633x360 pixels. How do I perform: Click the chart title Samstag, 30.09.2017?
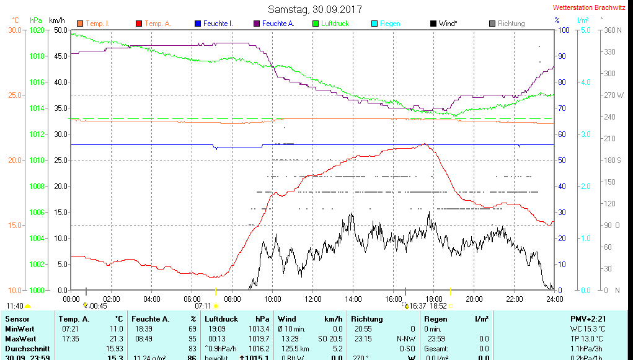315,9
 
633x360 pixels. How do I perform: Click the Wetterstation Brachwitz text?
589,7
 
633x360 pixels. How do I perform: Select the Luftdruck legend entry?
335,24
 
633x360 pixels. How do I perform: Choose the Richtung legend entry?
511,24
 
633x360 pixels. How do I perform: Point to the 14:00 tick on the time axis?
353,299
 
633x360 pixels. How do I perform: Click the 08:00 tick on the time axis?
232,299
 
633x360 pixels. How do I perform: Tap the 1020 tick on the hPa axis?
37,30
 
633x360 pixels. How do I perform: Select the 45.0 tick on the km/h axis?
61,56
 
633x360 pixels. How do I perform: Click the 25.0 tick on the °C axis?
15,95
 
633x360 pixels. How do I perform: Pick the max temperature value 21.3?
116,339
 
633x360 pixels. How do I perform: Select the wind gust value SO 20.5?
330,339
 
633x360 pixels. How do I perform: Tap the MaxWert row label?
20,339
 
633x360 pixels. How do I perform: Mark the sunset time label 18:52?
438,305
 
